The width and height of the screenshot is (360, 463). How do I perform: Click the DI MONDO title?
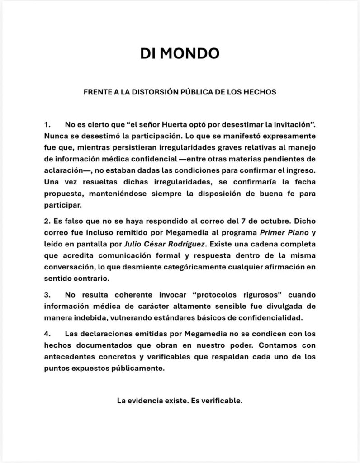[x=180, y=53]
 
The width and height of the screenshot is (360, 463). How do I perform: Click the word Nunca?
[x=55, y=135]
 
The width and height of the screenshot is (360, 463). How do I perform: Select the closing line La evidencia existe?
[x=180, y=401]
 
